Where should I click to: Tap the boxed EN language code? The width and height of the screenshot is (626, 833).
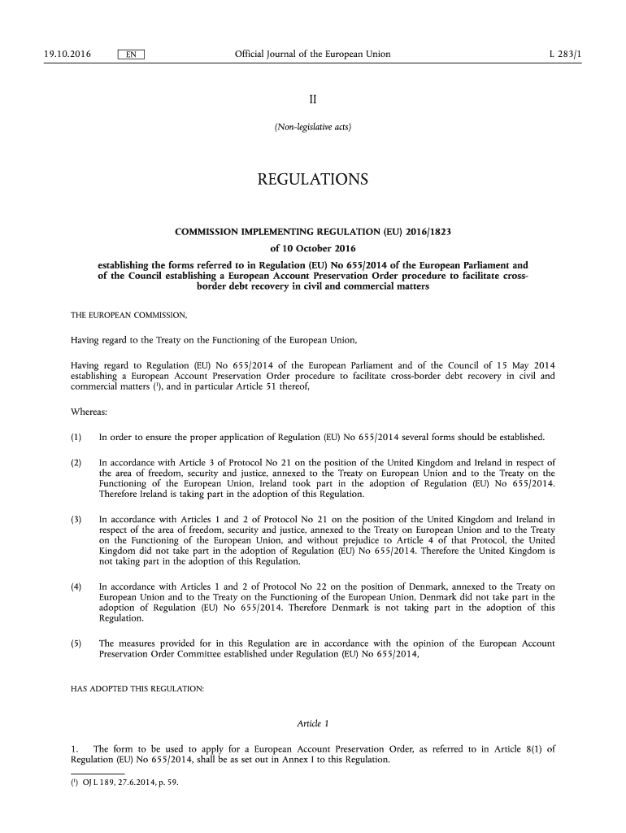click(x=131, y=55)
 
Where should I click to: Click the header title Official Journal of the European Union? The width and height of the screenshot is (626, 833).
click(x=312, y=55)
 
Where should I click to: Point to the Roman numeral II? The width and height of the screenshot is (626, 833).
click(x=312, y=99)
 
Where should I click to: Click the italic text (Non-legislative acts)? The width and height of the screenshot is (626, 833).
click(x=313, y=127)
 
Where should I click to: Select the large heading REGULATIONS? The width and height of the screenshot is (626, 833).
click(x=313, y=179)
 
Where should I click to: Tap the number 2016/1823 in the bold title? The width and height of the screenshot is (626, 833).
click(x=422, y=233)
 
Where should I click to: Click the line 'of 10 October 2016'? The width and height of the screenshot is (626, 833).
click(x=313, y=248)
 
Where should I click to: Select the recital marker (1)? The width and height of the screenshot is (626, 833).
click(x=76, y=438)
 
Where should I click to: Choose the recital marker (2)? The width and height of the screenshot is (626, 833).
click(x=76, y=463)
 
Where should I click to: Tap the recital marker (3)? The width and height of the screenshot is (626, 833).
click(x=76, y=519)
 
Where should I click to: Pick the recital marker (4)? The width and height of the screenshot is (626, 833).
click(x=76, y=586)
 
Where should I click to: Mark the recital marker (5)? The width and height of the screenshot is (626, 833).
click(x=76, y=643)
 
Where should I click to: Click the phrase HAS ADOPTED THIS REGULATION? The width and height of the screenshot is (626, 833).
click(x=138, y=689)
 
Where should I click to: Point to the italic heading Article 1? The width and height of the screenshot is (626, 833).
click(x=313, y=723)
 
